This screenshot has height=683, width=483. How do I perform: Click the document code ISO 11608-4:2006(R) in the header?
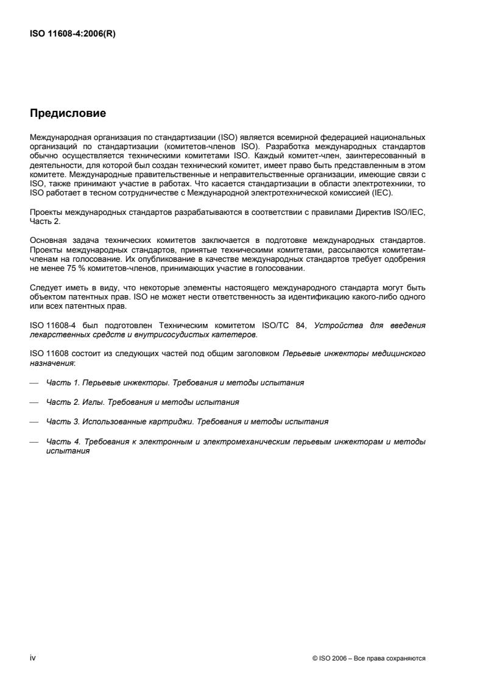[x=72, y=35]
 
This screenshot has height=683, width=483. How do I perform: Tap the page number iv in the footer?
[x=33, y=657]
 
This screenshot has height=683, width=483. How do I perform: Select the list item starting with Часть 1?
[x=175, y=383]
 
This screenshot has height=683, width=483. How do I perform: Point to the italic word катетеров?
[x=238, y=334]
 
